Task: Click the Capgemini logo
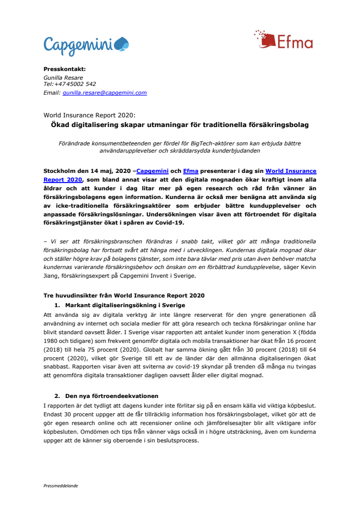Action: pos(86,45)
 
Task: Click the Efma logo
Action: pos(283,40)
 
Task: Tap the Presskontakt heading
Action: pos(64,69)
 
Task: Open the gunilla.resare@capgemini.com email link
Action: pos(104,93)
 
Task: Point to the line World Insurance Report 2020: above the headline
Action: pos(89,116)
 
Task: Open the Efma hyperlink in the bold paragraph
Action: pos(191,171)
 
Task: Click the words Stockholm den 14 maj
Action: pos(75,171)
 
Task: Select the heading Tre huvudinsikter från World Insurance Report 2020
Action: pos(124,295)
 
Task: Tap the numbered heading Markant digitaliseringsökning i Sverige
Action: pos(124,305)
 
